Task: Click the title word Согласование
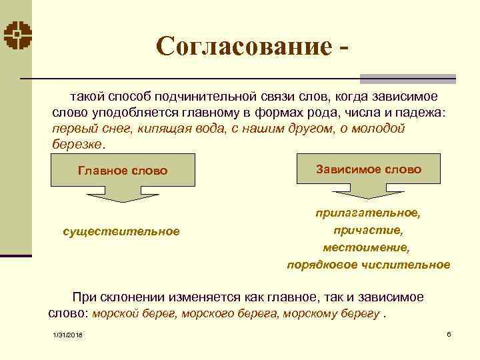[x=243, y=46]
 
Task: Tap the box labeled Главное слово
[x=123, y=171]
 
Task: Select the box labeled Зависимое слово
[x=368, y=169]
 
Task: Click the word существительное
[x=121, y=231]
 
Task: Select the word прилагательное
[x=368, y=214]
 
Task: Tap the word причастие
[x=368, y=231]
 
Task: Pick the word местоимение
[x=367, y=247]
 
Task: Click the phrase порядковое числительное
[x=368, y=265]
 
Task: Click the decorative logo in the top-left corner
[x=16, y=36]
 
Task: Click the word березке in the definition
[x=77, y=144]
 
